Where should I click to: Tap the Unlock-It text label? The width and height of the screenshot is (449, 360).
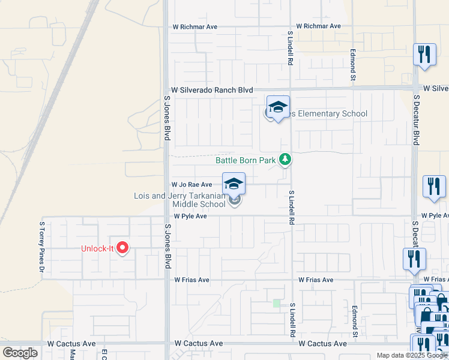tap(98, 249)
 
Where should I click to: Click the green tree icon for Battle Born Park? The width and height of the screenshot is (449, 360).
tap(286, 160)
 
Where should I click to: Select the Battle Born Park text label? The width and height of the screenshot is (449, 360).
tap(246, 160)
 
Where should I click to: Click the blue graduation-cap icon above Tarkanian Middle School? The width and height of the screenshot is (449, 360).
tap(234, 184)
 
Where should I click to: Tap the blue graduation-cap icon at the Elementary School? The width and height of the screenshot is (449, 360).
tap(278, 107)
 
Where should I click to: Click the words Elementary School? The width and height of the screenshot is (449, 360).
tap(328, 114)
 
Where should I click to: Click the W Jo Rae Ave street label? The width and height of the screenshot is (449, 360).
tap(191, 185)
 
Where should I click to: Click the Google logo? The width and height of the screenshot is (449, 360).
tap(20, 352)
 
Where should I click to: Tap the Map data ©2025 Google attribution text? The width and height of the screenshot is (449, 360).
tap(411, 355)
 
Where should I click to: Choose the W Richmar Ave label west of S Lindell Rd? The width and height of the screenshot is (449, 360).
tap(194, 27)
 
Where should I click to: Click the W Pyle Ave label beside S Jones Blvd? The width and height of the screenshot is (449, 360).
tap(190, 216)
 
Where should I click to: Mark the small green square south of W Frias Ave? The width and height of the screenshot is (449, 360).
tap(277, 304)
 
